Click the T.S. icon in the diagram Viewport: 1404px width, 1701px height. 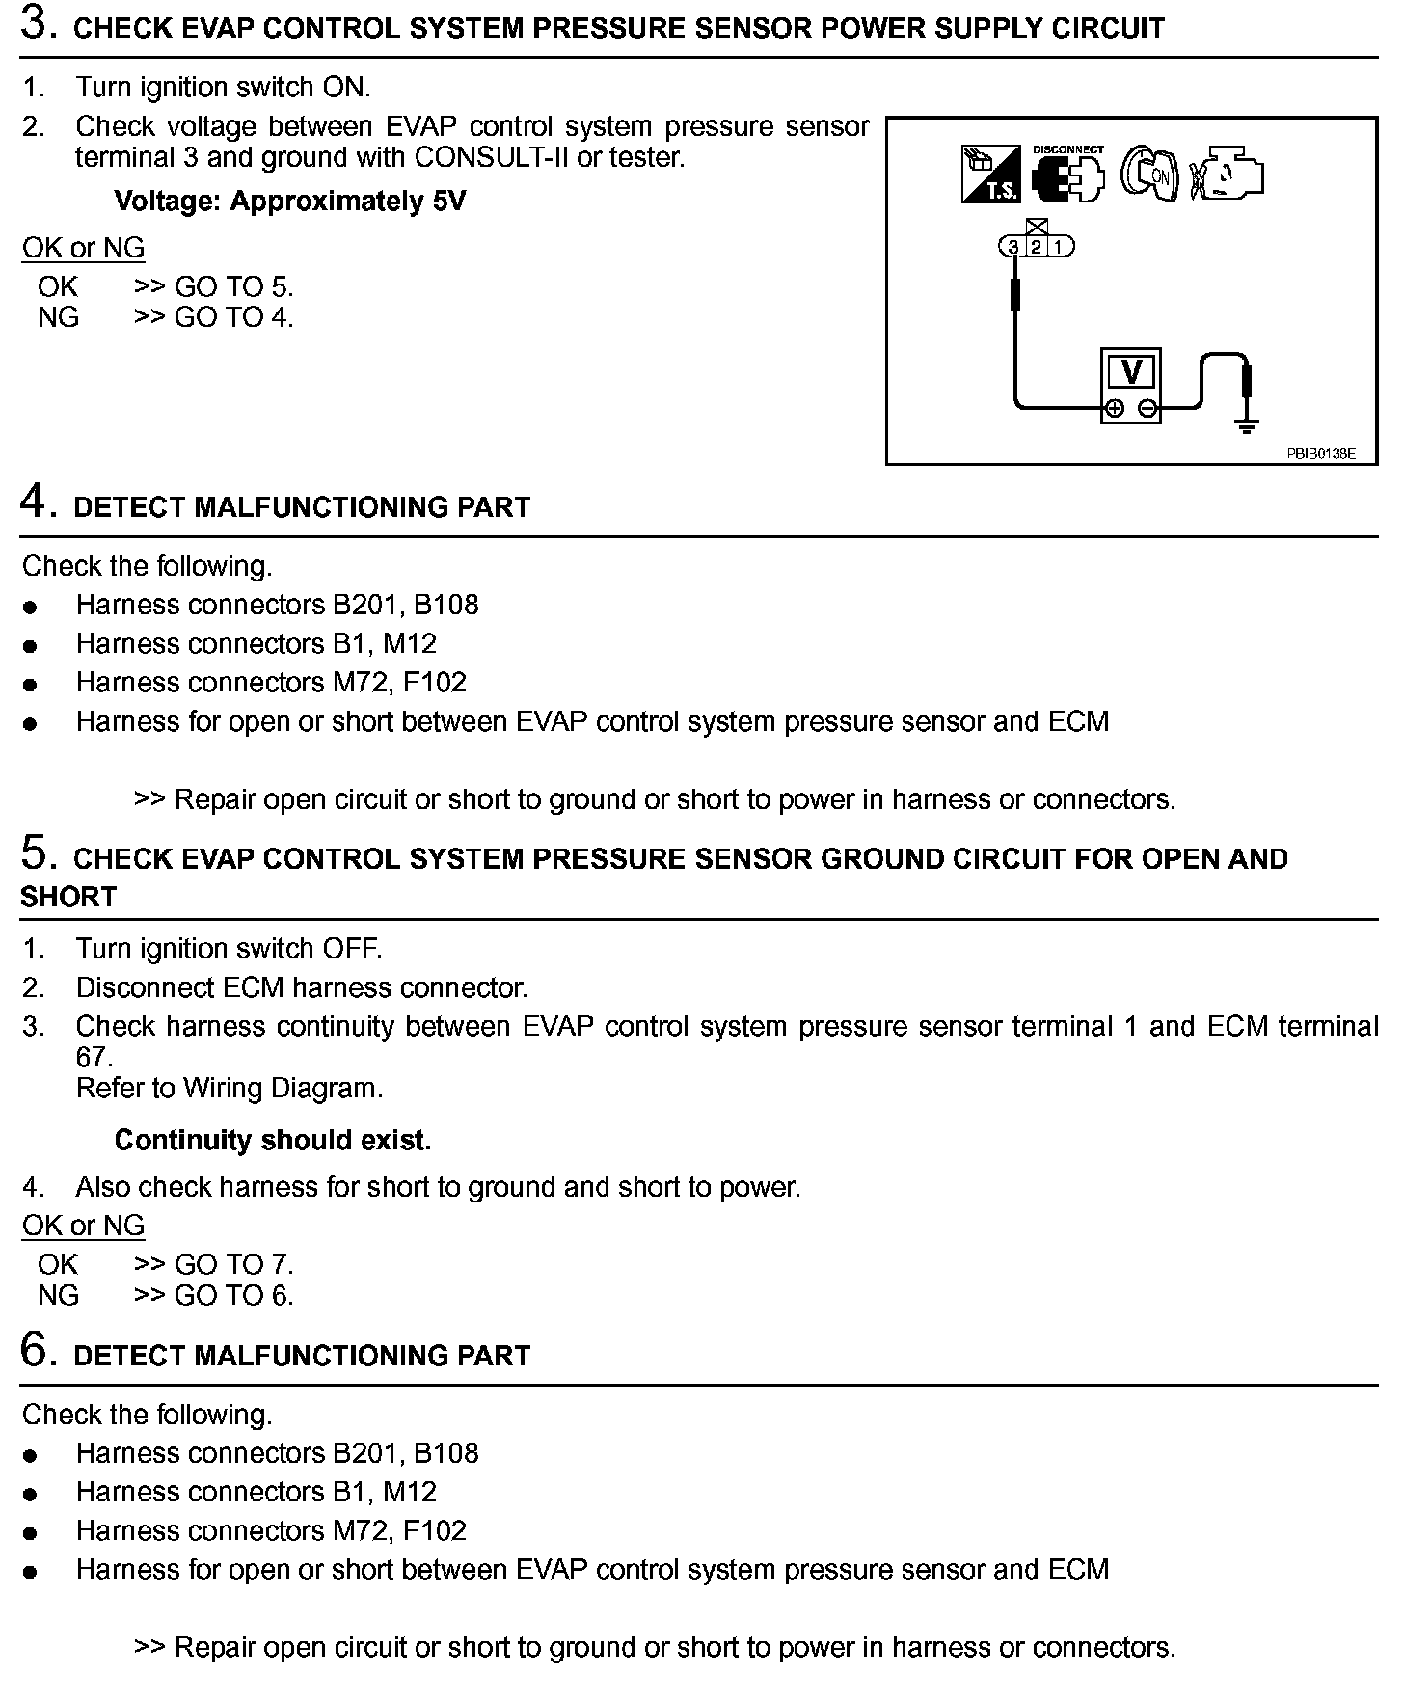click(990, 174)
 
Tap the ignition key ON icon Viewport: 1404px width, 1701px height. click(1148, 175)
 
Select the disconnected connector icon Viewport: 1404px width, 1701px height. click(1067, 177)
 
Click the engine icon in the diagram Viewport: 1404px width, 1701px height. click(1227, 175)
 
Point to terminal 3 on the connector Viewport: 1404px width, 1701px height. click(1013, 247)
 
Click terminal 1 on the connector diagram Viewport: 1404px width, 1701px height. click(1059, 247)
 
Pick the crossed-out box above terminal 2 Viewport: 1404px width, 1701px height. click(1037, 228)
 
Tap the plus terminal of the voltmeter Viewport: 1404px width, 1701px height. click(1115, 408)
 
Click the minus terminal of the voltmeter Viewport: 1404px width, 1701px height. click(1147, 408)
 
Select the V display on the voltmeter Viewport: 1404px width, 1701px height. click(1132, 372)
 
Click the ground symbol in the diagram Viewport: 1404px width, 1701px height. click(1248, 423)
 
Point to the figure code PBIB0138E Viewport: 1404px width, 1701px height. click(1320, 453)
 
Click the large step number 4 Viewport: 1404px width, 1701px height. click(35, 502)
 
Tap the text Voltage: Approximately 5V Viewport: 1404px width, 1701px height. click(289, 202)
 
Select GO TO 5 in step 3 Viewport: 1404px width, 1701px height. click(233, 286)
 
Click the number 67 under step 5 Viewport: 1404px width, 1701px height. click(94, 1057)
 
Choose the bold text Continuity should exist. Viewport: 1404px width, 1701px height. click(273, 1140)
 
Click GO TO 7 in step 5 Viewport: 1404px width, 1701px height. click(233, 1264)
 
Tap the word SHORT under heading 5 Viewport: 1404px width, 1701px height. click(67, 897)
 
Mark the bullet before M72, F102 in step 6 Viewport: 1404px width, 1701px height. click(31, 1533)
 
